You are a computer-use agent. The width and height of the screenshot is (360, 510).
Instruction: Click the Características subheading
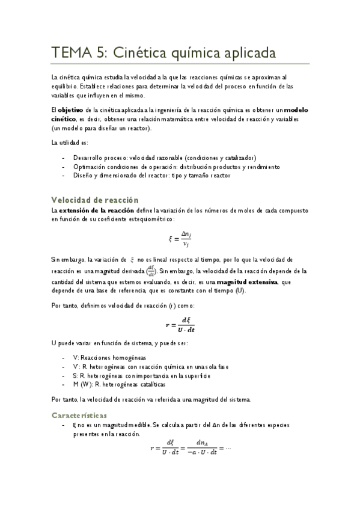tap(79, 415)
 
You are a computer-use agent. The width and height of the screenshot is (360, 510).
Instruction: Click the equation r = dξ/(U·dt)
tap(180, 325)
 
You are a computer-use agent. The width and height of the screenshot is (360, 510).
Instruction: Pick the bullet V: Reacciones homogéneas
tap(109, 357)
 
